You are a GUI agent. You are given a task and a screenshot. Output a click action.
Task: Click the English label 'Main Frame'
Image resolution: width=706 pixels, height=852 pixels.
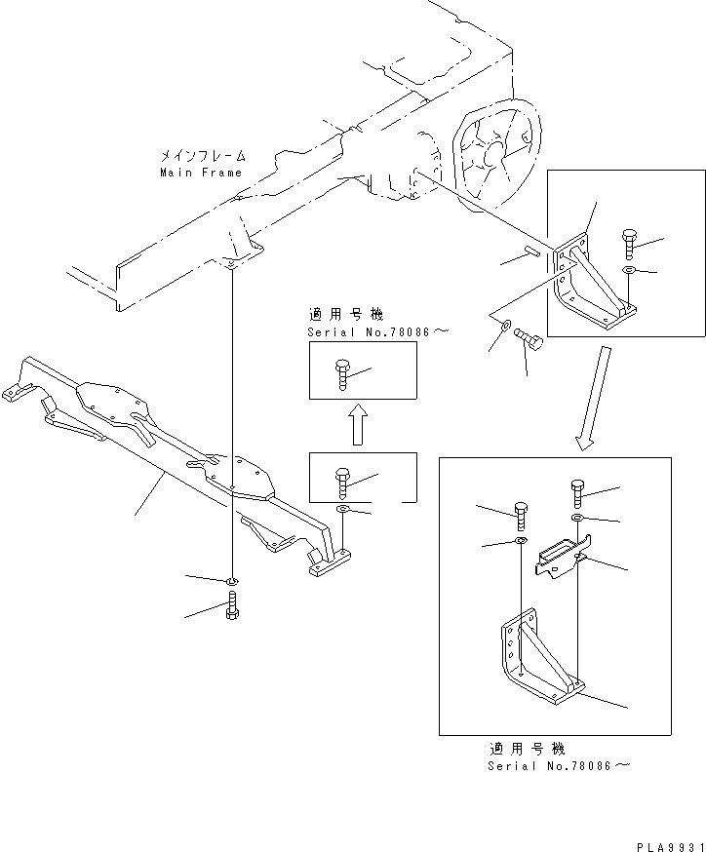point(201,173)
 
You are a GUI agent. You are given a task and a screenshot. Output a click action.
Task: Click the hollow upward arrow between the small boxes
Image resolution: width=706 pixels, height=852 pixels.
point(358,425)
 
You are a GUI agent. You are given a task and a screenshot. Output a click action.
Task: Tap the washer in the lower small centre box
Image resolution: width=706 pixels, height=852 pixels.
point(343,509)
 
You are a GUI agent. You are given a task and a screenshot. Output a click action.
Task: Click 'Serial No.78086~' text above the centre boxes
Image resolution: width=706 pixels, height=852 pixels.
point(377,331)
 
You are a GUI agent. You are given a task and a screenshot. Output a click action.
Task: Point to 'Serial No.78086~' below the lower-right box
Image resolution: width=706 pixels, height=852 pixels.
point(559,766)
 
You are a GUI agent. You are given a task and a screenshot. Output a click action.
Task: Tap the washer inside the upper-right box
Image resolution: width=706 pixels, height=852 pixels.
point(629,269)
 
